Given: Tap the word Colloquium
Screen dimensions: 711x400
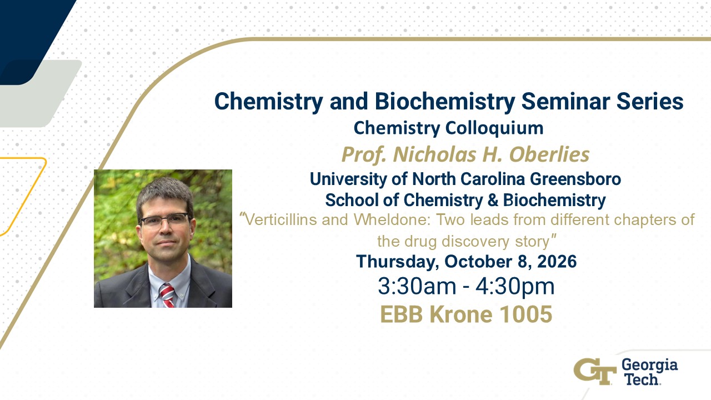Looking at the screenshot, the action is tap(494, 128).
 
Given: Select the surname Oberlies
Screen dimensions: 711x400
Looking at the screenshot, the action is tap(549, 154).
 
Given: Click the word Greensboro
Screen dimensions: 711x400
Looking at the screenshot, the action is tap(575, 179).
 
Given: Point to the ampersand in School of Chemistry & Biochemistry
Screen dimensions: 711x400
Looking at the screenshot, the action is tap(494, 200).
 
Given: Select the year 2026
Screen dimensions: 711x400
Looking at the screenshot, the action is tap(557, 262).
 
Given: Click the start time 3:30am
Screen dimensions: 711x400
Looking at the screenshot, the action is tap(417, 286).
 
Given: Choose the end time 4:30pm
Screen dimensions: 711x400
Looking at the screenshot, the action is tap(515, 287).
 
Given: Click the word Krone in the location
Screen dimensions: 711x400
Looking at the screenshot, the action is tap(460, 314).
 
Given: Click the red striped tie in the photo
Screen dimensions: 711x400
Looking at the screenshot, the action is tap(167, 296).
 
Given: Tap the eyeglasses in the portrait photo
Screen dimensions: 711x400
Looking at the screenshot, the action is tap(164, 219).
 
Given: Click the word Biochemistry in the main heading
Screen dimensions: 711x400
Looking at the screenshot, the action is tap(445, 102).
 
